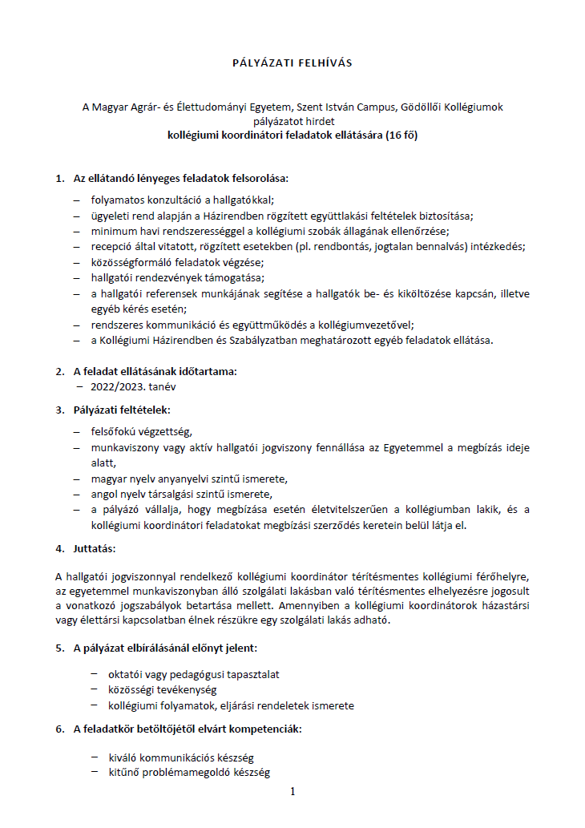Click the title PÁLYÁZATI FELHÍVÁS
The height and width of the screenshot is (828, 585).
click(x=292, y=63)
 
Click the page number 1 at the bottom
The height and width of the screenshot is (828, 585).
click(x=292, y=792)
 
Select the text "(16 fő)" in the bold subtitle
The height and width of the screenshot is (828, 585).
click(x=399, y=135)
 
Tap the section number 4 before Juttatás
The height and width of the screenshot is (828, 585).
click(x=59, y=549)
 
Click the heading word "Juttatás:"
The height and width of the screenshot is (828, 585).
click(x=95, y=549)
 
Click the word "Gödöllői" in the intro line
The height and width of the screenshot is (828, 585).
click(x=408, y=107)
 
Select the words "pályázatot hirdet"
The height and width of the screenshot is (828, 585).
click(x=292, y=121)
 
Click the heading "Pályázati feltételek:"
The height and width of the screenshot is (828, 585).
click(x=117, y=410)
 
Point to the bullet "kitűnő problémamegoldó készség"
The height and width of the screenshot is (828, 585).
click(x=180, y=773)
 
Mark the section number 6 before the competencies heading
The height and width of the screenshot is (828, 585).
click(x=59, y=729)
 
